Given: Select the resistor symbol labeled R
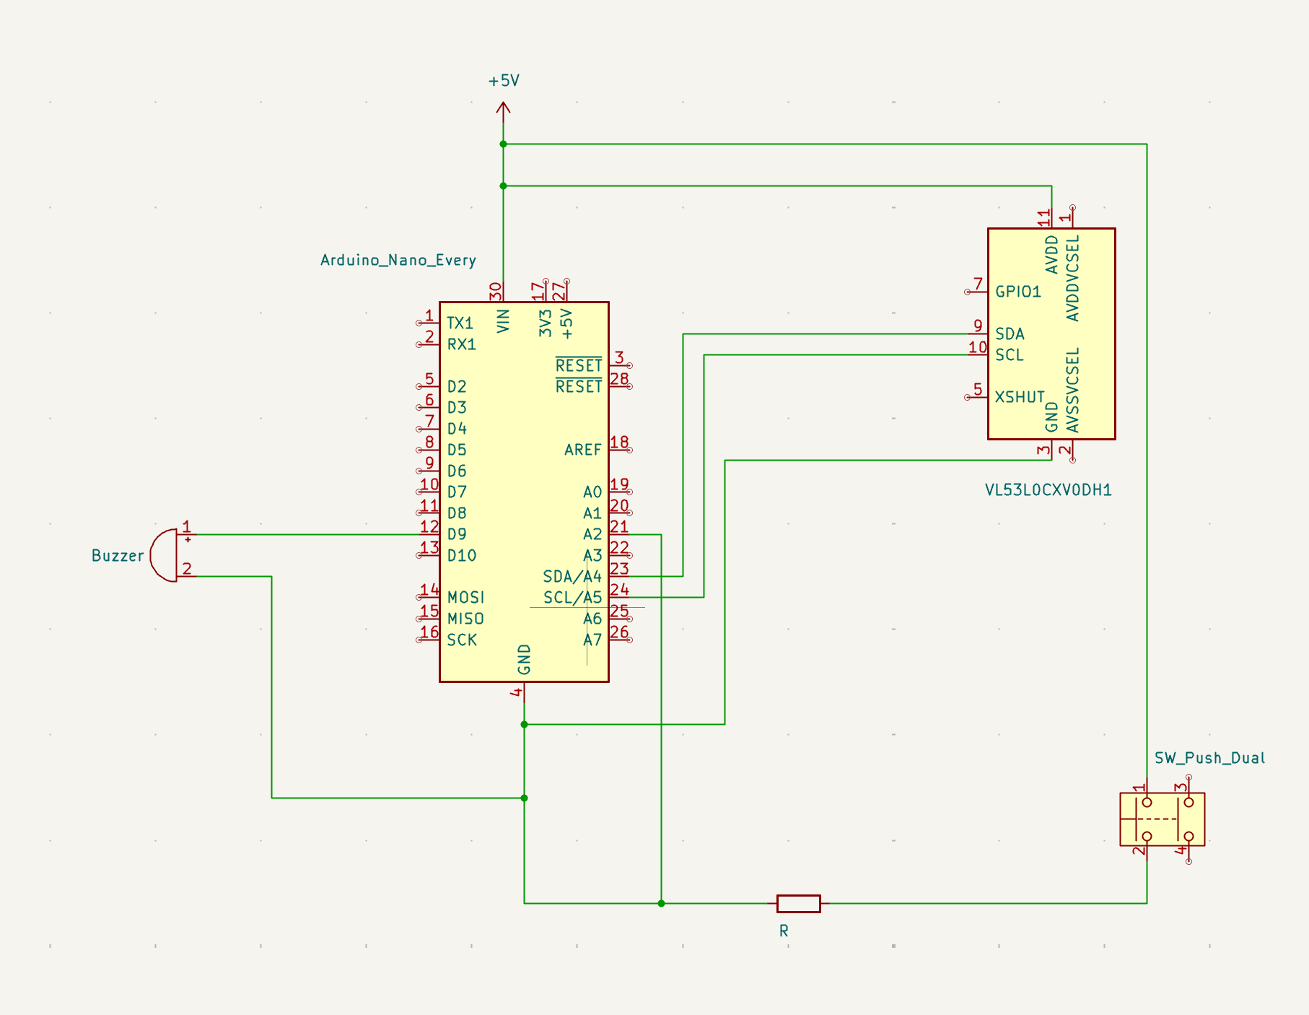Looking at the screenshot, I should (798, 903).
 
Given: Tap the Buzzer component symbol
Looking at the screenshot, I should (165, 555).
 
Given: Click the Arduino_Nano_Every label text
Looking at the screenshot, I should (398, 260).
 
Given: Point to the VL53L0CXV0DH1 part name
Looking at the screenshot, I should (1048, 490).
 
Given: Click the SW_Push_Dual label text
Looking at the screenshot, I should (1209, 758).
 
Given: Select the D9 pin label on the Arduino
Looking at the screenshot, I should (457, 534).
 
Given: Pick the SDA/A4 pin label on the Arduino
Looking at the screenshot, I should (572, 577).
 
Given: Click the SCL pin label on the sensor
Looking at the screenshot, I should (1009, 355).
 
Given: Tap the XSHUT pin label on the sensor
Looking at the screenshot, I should (1019, 397).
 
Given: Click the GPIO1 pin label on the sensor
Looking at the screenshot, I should (1017, 292).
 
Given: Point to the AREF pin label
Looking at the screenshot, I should (582, 450).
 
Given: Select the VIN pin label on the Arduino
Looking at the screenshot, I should (504, 321).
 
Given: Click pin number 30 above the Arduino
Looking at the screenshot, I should (496, 291).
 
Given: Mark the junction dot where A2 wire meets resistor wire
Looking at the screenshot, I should (661, 903).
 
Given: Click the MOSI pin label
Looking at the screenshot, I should (465, 598).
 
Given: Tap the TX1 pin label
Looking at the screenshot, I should (460, 323).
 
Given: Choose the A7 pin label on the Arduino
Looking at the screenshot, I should (592, 640).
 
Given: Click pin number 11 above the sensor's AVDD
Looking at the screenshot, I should (1044, 217).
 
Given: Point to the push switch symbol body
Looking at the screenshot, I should (1162, 819).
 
